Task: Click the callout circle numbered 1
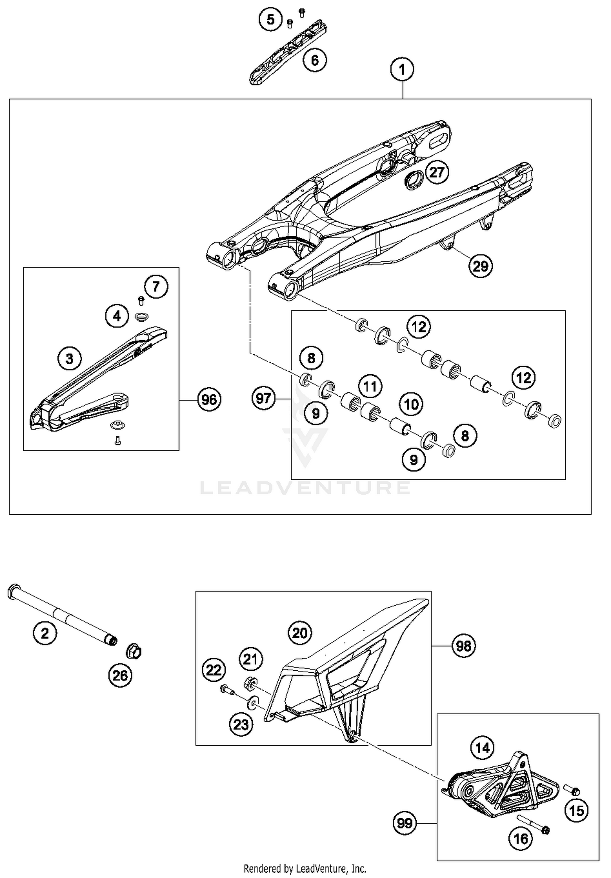[x=402, y=70]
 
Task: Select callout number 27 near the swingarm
[x=437, y=172]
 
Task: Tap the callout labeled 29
[x=480, y=266]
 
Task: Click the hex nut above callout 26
[x=134, y=652]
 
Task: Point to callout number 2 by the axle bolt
[x=45, y=633]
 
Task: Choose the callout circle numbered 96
[x=209, y=399]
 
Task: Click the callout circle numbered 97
[x=264, y=398]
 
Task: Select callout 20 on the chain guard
[x=300, y=633]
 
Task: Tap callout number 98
[x=464, y=646]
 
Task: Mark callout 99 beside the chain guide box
[x=404, y=823]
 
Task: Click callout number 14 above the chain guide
[x=482, y=748]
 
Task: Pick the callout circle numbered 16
[x=521, y=839]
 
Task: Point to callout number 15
[x=576, y=811]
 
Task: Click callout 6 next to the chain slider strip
[x=315, y=60]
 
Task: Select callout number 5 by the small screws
[x=271, y=19]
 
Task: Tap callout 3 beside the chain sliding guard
[x=70, y=359]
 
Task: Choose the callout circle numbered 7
[x=156, y=287]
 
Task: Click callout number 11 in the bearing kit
[x=370, y=386]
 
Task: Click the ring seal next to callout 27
[x=413, y=180]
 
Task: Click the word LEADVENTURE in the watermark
[x=305, y=487]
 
